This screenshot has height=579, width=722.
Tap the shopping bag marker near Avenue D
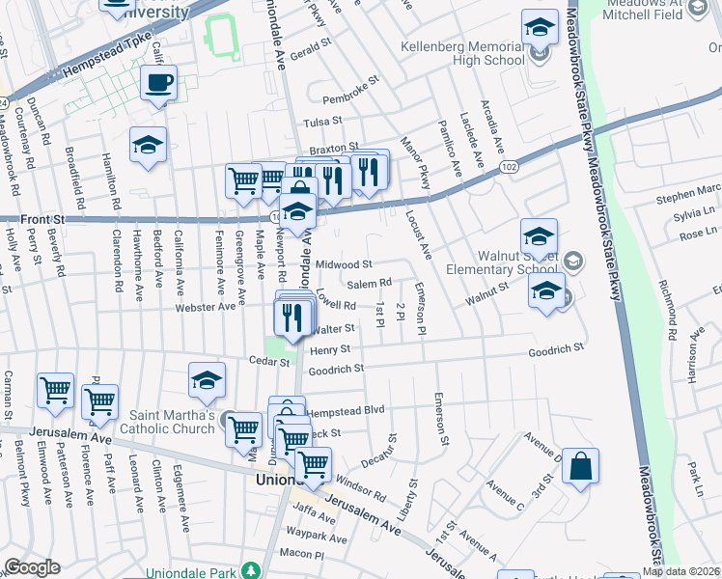(581, 467)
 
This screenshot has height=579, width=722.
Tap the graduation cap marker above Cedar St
(208, 382)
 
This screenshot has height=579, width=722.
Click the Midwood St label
(344, 264)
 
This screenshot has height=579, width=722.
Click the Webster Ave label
(206, 307)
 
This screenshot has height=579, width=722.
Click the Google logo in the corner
(32, 567)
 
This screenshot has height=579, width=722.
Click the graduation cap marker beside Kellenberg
(540, 27)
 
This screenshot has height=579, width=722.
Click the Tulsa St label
(323, 122)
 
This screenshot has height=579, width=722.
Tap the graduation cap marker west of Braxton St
(149, 146)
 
